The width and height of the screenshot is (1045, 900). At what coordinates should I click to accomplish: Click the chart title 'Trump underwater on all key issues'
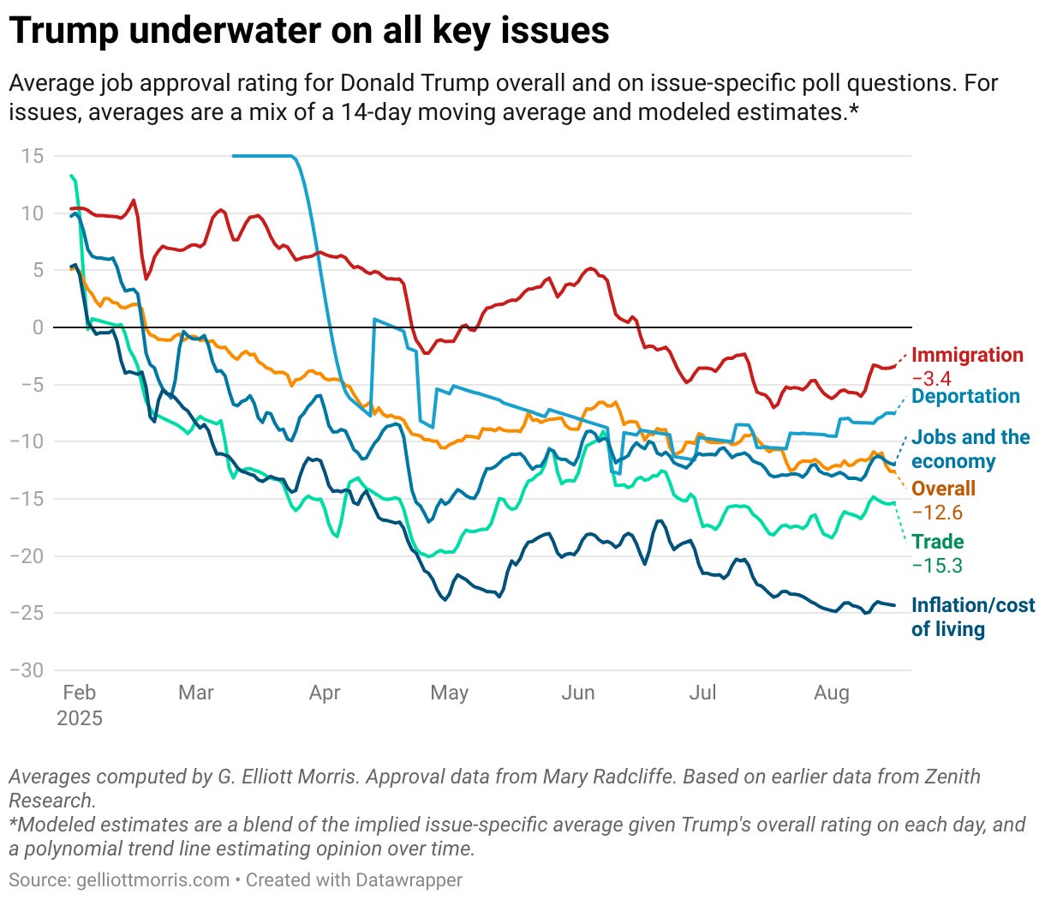309,31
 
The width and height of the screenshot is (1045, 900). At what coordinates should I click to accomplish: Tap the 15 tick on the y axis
33,156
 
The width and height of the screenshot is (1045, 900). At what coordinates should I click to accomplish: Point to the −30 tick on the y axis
27,670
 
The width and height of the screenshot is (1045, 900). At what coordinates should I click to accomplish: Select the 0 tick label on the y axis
38,327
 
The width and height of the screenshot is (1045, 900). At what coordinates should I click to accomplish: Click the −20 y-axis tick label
27,555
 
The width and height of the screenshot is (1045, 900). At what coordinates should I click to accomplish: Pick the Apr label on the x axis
325,693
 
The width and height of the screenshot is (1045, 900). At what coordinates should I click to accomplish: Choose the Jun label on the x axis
577,693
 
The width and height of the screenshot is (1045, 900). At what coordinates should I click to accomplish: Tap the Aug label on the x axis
831,693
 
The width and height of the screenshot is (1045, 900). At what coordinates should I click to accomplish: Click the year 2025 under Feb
80,718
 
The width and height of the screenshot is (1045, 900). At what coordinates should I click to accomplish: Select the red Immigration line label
967,355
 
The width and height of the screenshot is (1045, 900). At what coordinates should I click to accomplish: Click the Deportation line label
965,396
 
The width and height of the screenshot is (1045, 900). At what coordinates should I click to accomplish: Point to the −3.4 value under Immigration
931,379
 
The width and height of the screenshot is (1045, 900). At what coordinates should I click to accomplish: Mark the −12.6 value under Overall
937,513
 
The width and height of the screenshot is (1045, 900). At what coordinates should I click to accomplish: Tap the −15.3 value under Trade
937,566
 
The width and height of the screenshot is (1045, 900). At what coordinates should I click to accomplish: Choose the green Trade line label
937,542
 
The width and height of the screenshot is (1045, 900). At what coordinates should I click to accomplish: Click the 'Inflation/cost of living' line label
972,617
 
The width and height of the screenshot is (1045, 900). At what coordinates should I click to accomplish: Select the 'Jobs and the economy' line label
970,449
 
